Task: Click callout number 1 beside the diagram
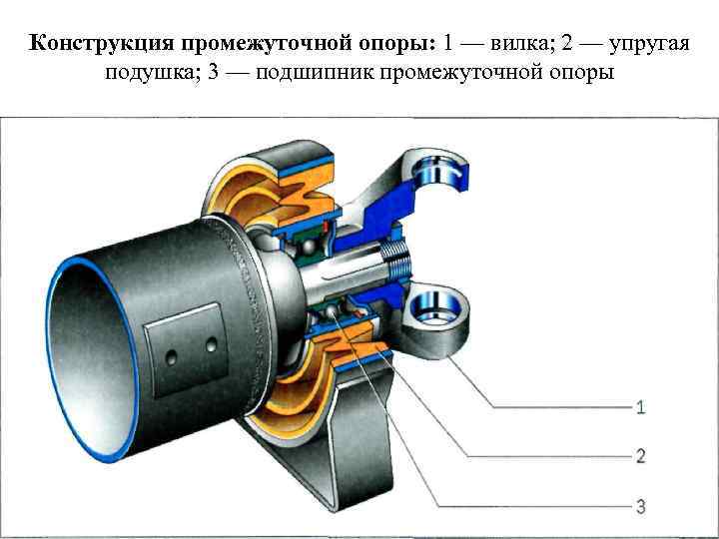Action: click(x=640, y=406)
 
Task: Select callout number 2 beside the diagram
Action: click(x=640, y=456)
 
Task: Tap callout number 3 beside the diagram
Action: click(x=640, y=506)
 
